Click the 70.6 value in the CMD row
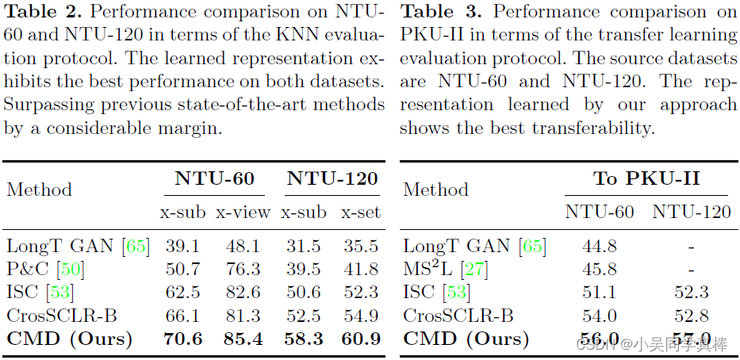[183, 339]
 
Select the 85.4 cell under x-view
[243, 339]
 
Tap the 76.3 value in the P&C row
[243, 269]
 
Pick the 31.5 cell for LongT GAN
[303, 246]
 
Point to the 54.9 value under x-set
[361, 315]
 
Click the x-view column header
[243, 212]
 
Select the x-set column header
[361, 212]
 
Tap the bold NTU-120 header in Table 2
[332, 178]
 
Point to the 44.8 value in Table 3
[600, 246]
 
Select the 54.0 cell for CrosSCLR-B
[600, 315]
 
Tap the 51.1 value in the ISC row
[600, 292]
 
